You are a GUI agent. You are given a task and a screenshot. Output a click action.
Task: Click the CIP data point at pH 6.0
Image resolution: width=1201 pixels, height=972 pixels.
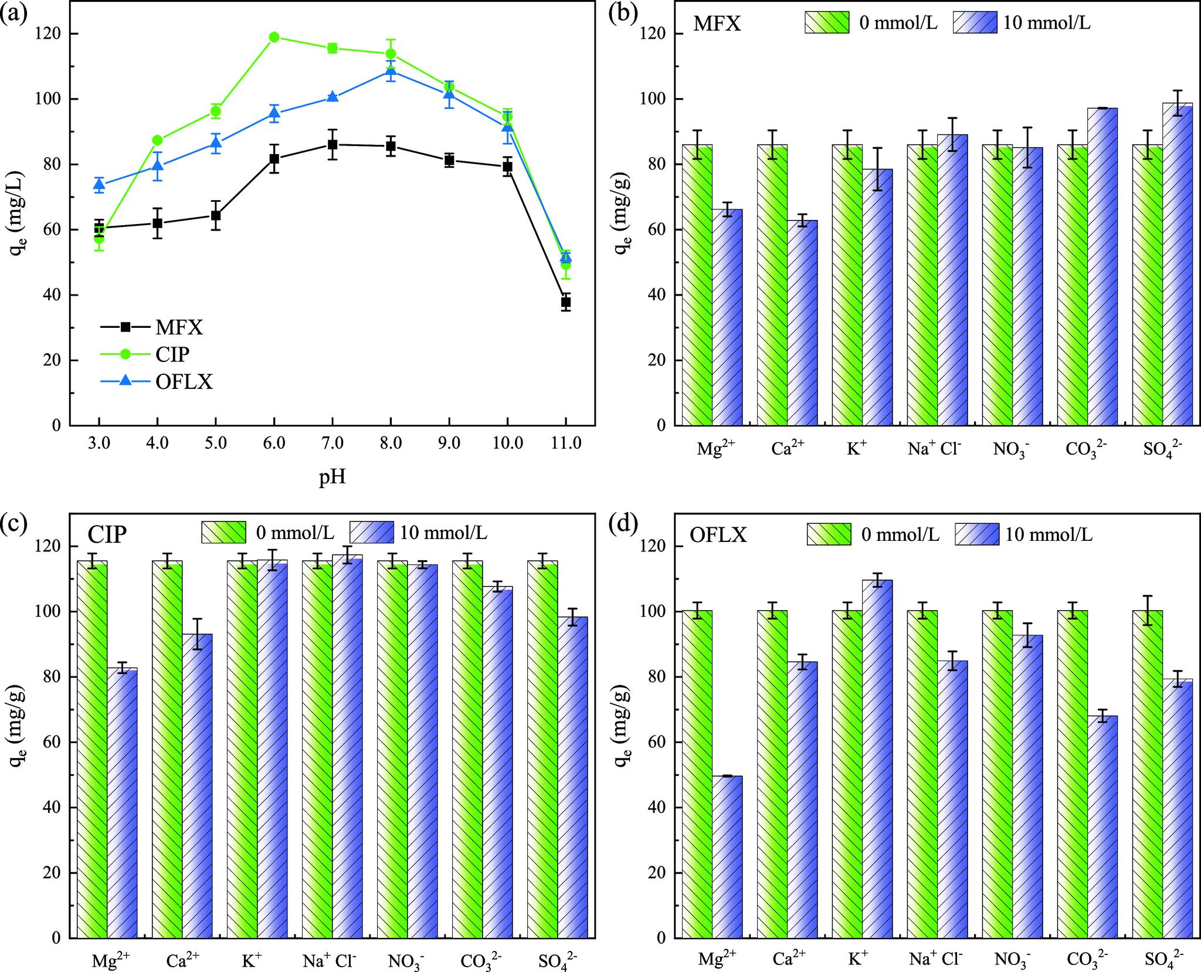point(274,37)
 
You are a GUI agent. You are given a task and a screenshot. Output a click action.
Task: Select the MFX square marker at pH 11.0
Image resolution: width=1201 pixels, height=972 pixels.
point(565,302)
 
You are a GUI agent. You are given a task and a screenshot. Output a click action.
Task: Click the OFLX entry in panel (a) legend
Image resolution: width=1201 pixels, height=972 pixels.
point(184,382)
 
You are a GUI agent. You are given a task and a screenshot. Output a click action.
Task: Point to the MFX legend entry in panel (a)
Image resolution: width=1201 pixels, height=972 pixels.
point(179,327)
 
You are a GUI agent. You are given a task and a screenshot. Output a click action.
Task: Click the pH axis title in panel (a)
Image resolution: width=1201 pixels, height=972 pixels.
point(332,477)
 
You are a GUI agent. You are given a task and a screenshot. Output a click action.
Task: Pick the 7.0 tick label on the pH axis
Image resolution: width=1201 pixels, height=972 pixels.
point(332,443)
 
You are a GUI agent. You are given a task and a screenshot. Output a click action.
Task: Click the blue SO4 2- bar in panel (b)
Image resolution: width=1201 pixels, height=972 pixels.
point(1178,264)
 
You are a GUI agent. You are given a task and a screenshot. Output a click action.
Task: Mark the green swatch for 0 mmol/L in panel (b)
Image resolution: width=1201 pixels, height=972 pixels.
point(827,22)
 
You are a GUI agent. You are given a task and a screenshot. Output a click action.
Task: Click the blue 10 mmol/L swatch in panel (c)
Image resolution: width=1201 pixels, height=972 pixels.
point(371,532)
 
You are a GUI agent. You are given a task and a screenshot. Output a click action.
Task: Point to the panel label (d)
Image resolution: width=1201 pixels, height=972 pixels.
point(621,523)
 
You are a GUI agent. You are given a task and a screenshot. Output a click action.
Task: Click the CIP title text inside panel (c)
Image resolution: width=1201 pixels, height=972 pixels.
point(108,535)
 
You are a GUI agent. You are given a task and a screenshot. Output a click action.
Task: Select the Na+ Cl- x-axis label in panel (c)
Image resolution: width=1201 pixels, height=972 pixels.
point(329,960)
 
